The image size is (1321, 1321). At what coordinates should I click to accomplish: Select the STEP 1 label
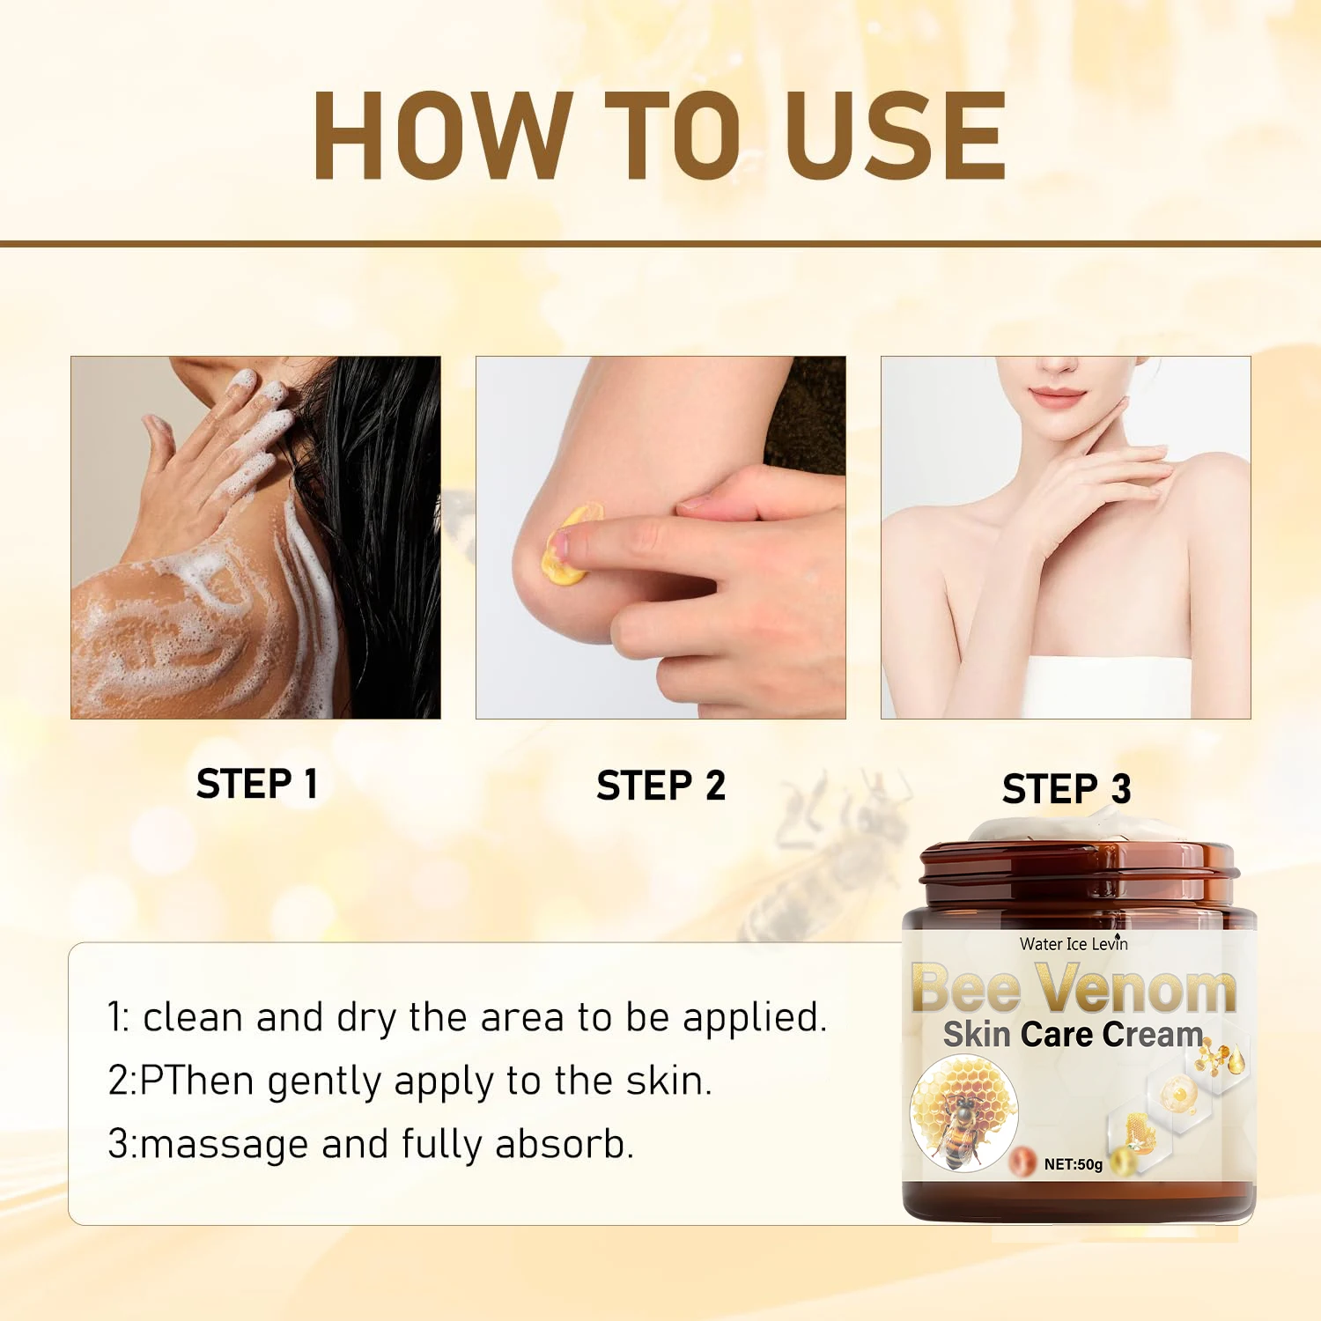[x=256, y=784]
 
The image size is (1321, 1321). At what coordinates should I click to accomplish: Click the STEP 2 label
[x=660, y=785]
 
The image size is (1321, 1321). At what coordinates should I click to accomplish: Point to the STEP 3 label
[x=1066, y=788]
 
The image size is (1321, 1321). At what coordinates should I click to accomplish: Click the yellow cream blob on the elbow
[x=569, y=544]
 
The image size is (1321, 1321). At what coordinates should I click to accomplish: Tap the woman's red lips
[x=1057, y=396]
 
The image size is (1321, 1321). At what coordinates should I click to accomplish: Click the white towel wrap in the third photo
[x=1110, y=687]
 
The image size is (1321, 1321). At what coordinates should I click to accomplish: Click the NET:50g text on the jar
[x=1073, y=1164]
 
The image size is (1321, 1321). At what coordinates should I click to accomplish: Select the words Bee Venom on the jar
[x=1074, y=987]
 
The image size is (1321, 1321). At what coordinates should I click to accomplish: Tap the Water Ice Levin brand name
[x=1074, y=943]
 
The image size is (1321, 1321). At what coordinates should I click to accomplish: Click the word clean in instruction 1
[x=193, y=1017]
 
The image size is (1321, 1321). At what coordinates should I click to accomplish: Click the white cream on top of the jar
[x=1048, y=828]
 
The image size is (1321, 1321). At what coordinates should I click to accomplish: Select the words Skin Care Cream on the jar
[x=1073, y=1034]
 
